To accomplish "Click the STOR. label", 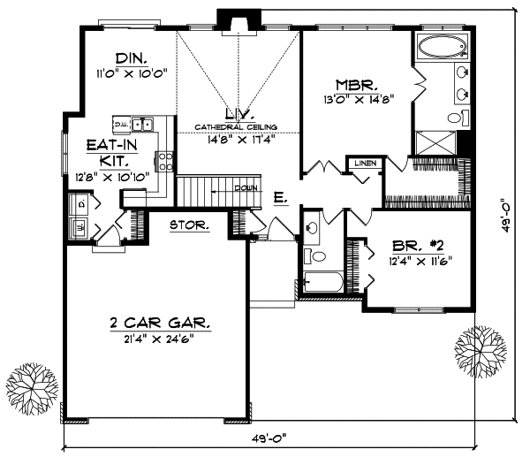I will click(189, 225).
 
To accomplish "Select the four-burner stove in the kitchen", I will click(164, 160).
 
